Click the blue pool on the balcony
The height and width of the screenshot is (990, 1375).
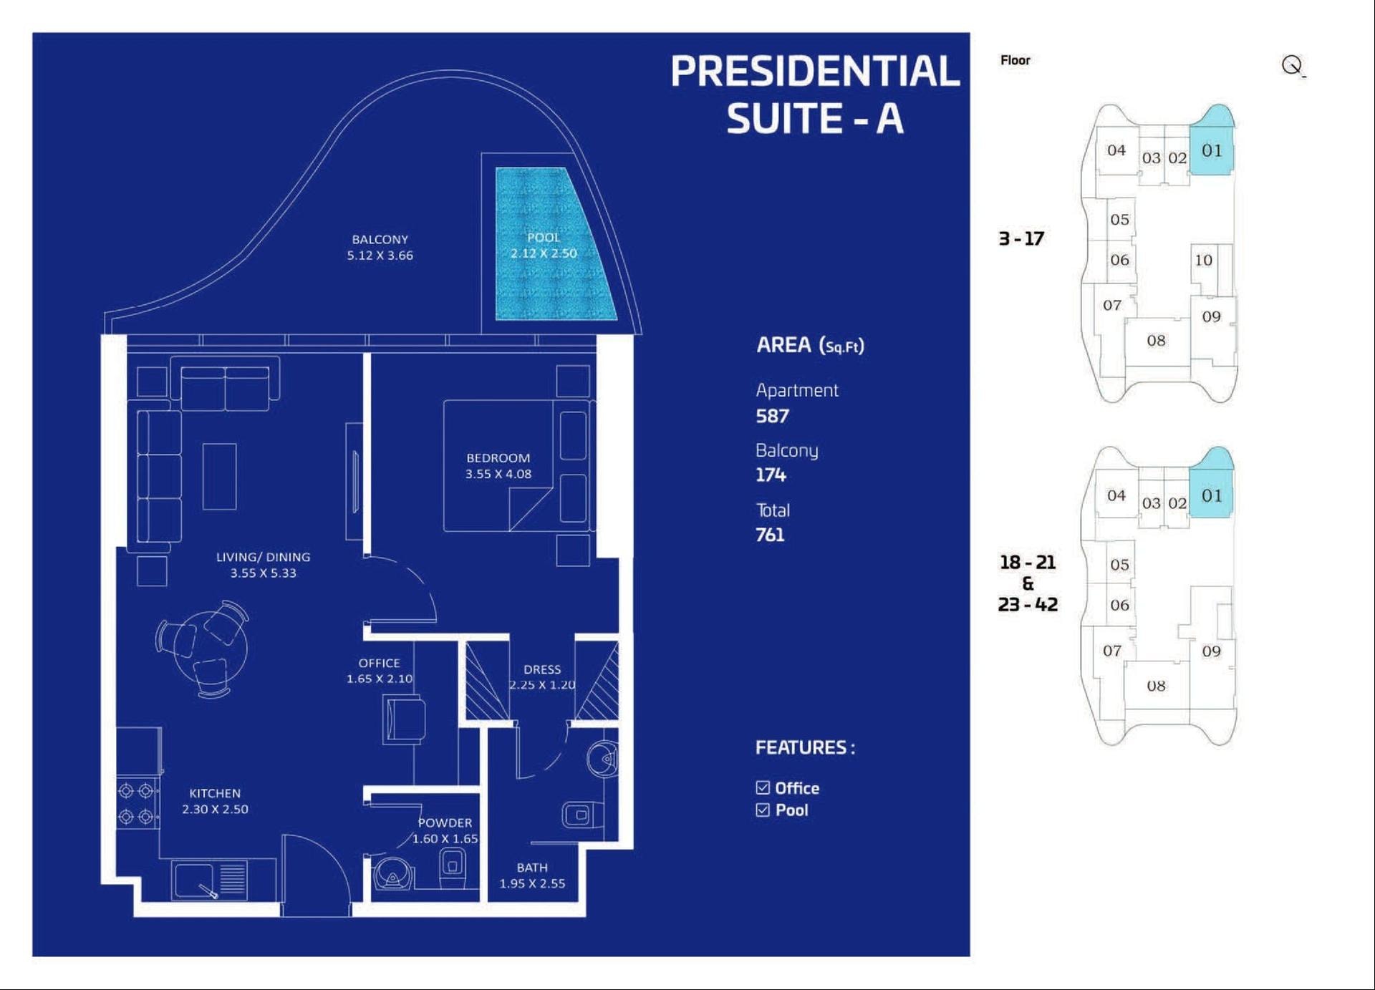(551, 243)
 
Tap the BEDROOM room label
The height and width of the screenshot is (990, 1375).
(498, 457)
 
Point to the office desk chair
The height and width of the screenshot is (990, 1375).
(405, 719)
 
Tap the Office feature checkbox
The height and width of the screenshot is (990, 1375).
(763, 787)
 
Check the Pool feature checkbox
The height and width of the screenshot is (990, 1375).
(763, 810)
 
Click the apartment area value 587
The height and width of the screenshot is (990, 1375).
(773, 416)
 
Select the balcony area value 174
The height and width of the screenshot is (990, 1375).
(771, 475)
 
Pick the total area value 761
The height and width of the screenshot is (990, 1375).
(770, 535)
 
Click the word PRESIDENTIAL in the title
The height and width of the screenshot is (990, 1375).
(815, 71)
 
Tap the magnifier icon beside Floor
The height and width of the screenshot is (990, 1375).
(1293, 66)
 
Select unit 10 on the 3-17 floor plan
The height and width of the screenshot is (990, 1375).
(1203, 260)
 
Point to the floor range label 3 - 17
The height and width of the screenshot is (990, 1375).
(1021, 238)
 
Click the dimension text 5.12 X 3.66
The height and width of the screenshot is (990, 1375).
(380, 256)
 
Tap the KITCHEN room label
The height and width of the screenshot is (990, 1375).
(215, 793)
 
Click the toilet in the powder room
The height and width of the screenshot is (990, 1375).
(452, 868)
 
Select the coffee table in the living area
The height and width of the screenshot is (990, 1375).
(220, 476)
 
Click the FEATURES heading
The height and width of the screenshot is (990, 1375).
(805, 747)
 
